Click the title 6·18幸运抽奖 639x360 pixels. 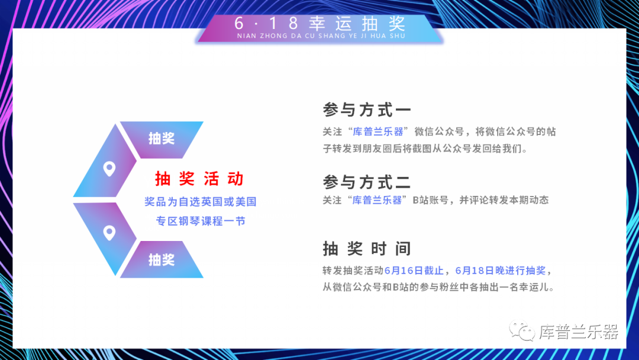coord(320,23)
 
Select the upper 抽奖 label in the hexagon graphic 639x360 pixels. coord(162,138)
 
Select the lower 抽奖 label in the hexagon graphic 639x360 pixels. coord(162,259)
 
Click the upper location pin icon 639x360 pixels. coord(109,168)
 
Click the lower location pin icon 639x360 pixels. coord(109,233)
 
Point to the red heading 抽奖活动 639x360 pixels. coord(199,179)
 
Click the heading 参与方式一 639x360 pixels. coord(367,110)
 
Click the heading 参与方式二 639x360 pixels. coord(367,182)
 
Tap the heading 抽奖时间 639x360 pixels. coord(367,248)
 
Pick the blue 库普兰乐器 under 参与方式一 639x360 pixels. coord(377,131)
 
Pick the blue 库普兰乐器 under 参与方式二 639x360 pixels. coord(377,200)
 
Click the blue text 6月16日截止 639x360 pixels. coord(414,271)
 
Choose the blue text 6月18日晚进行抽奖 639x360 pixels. coord(500,271)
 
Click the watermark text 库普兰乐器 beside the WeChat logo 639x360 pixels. coord(579,332)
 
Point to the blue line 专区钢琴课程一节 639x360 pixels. coord(201,221)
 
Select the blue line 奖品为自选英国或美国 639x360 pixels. coord(200,201)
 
